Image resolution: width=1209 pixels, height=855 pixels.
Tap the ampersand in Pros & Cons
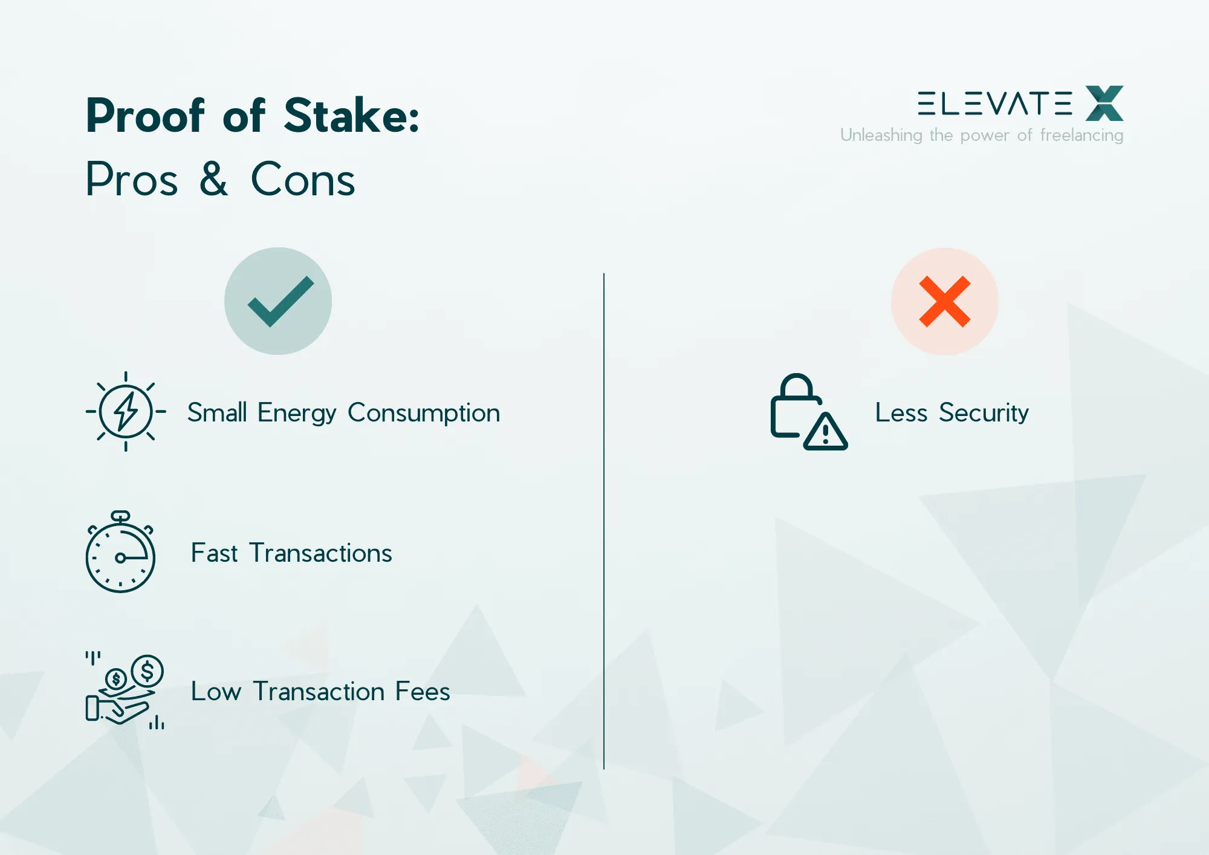214,179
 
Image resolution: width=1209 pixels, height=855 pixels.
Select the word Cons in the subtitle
303,180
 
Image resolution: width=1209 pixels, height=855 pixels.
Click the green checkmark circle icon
278,301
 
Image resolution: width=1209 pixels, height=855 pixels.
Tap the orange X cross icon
944,301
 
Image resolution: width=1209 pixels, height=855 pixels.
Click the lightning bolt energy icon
126,412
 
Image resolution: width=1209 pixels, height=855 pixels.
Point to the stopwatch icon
120,552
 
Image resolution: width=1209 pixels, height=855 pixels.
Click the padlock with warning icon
808,412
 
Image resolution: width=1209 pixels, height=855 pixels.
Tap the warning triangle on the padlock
826,432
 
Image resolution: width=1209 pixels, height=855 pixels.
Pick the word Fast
214,553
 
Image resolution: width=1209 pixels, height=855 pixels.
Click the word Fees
423,692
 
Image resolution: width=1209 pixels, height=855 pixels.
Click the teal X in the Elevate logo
1104,103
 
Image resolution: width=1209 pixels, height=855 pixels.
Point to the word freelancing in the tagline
1081,135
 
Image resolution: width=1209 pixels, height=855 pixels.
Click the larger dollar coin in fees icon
147,671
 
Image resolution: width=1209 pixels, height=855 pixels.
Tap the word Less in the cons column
901,413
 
